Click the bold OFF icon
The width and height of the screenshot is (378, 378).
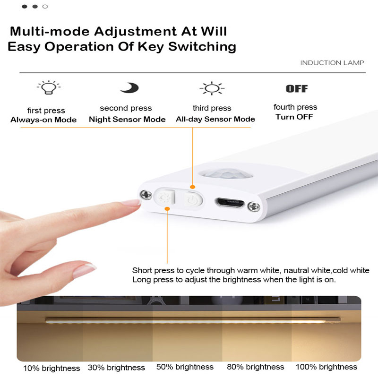[297, 88]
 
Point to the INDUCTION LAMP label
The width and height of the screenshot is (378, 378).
[332, 63]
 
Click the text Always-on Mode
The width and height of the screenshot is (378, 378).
[43, 120]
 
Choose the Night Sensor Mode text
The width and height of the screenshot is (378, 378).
[127, 120]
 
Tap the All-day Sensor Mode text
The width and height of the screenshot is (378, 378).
[215, 120]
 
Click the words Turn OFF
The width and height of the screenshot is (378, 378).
[295, 117]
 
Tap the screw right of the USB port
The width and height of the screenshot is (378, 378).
[256, 206]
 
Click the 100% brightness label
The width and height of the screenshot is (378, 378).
[326, 367]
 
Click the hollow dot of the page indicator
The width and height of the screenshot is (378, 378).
[45, 7]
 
